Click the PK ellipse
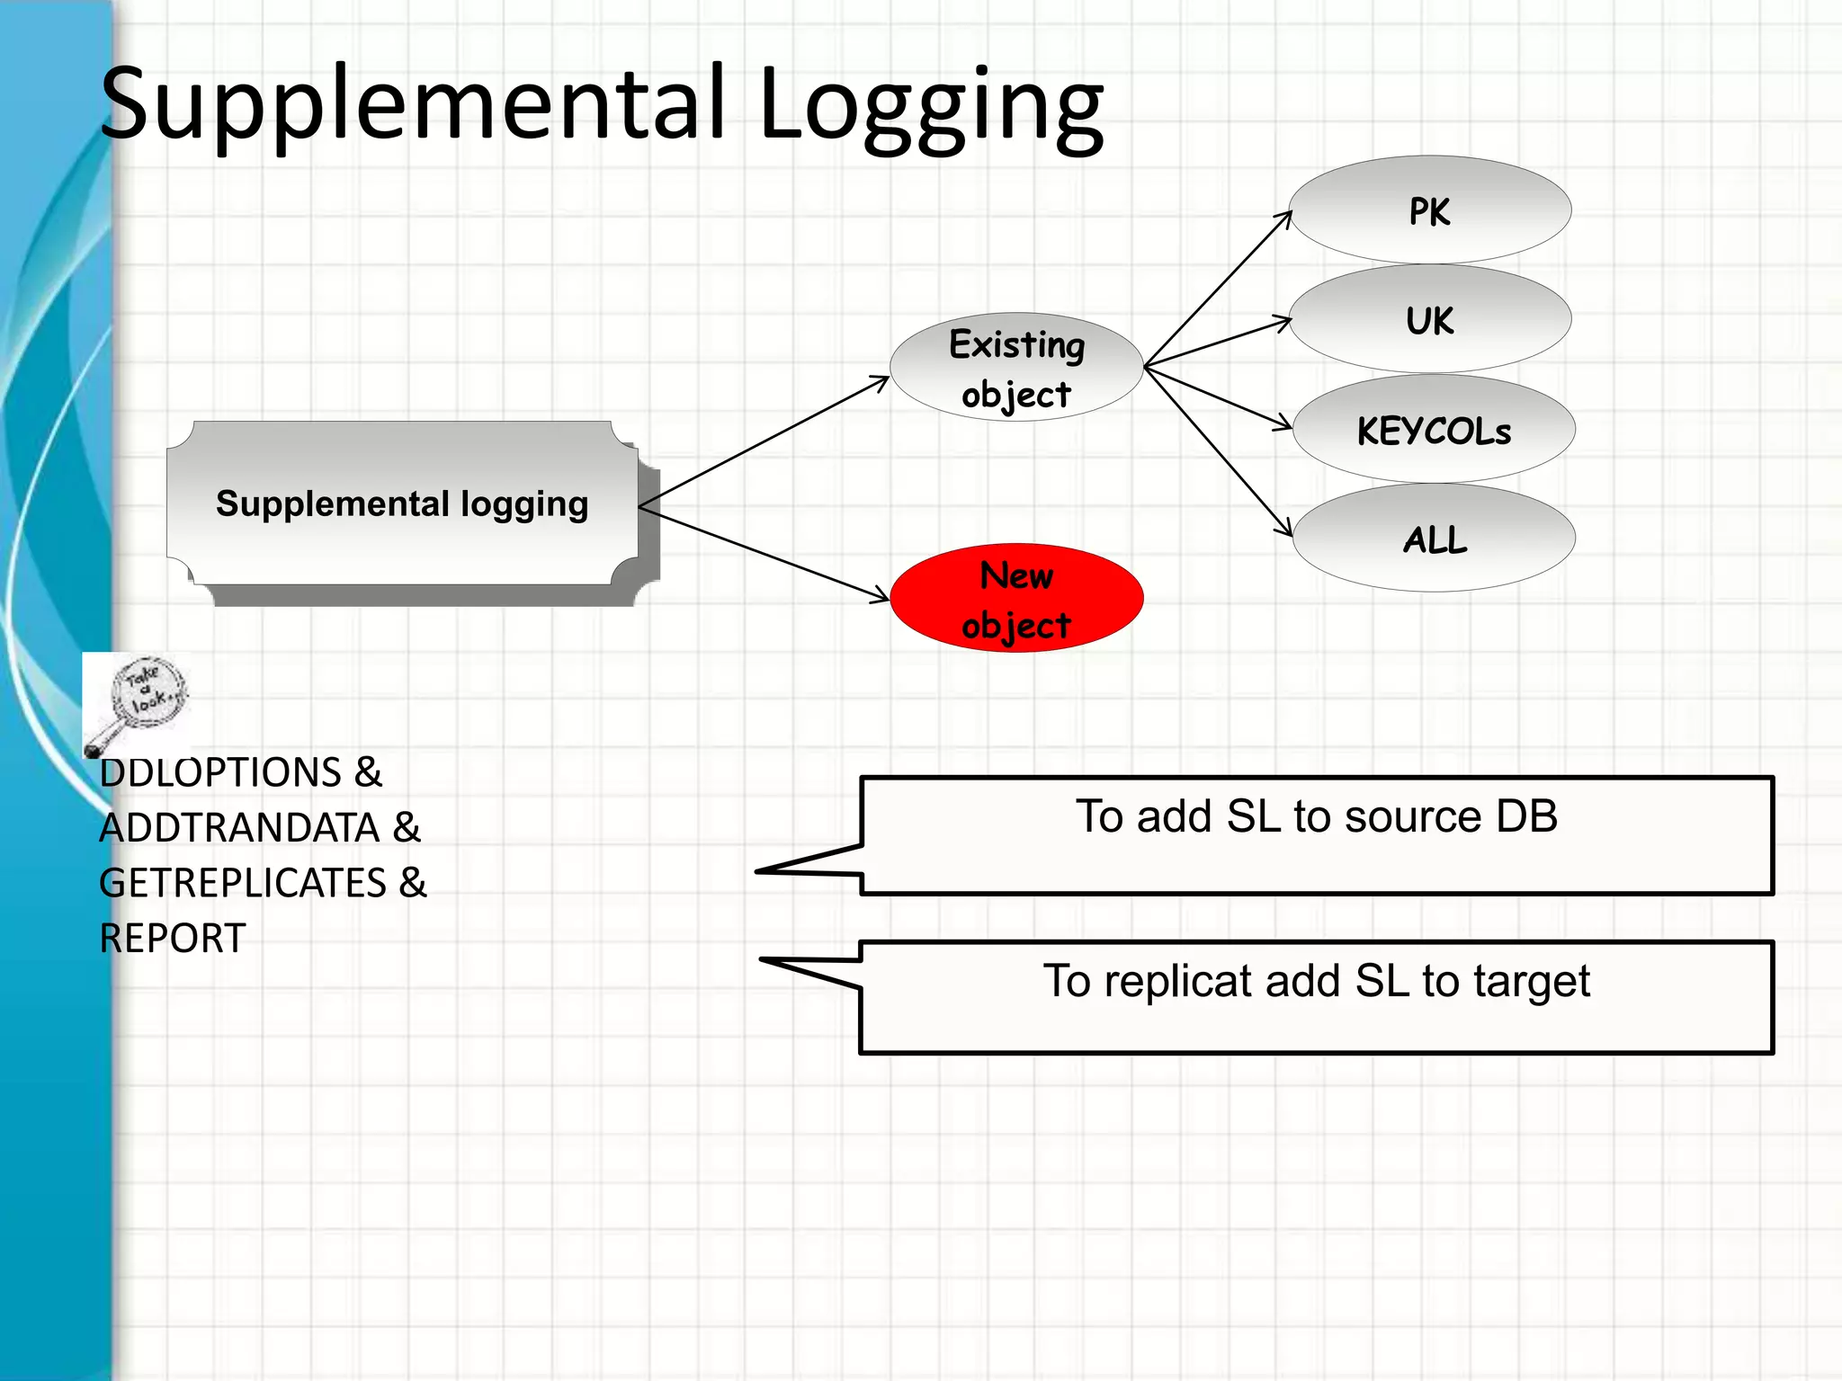1429,210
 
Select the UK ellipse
1429,319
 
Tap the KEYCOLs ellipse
1434,430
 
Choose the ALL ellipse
1434,539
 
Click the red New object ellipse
1016,598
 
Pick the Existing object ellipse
1016,368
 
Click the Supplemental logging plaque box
402,503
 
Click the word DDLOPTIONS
220,773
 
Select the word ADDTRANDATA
239,828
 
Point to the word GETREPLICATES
243,883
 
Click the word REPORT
172,939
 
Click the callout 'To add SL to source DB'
1316,835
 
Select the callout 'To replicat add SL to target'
1316,997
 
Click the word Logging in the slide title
931,104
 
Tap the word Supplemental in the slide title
414,104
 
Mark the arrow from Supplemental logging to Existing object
765,441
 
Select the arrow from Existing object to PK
1218,289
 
